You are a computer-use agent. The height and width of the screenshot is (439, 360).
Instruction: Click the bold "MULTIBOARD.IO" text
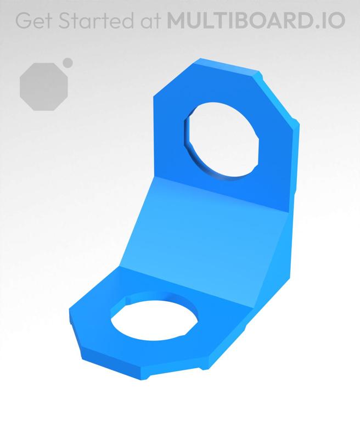[256, 20]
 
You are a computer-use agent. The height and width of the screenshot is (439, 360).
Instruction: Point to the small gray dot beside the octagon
[68, 62]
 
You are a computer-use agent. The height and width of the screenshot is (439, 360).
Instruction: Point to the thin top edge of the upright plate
[228, 66]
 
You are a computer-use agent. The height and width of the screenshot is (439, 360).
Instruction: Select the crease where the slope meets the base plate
[187, 283]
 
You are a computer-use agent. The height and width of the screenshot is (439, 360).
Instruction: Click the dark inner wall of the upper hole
[189, 132]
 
